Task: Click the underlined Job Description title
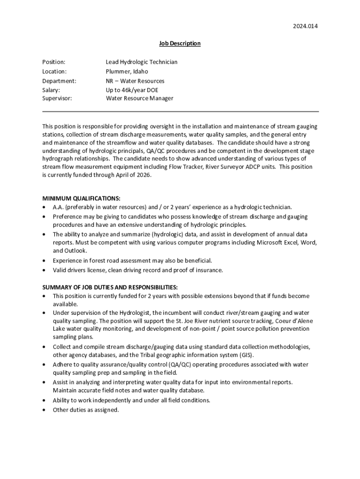[x=180, y=44]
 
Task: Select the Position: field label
[x=54, y=62]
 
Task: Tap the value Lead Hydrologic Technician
[x=142, y=62]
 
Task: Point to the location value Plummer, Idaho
[x=127, y=72]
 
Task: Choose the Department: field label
[x=59, y=81]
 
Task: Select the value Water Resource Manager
[x=139, y=98]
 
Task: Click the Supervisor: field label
[x=57, y=98]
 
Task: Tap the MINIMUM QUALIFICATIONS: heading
[x=81, y=198]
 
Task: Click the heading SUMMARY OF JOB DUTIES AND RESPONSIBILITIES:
[x=110, y=287]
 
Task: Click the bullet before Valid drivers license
[x=44, y=270]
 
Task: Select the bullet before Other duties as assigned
[x=44, y=410]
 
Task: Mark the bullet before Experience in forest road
[x=44, y=261]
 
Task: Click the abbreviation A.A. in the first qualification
[x=58, y=207]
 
